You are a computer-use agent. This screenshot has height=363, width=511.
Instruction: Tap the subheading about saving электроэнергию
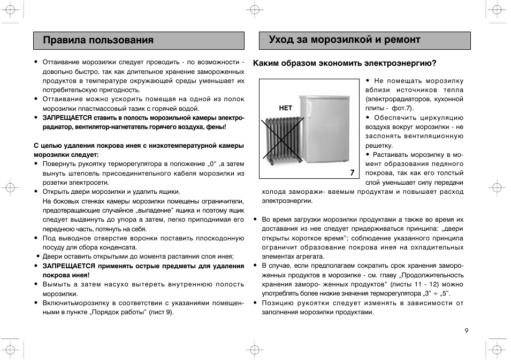point(345,63)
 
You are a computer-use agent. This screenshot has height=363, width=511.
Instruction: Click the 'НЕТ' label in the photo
point(286,108)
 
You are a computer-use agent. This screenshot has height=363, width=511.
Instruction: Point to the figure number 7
point(352,172)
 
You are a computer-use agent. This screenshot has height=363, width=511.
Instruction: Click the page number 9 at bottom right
point(467,330)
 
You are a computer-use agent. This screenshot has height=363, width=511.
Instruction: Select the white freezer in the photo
point(327,128)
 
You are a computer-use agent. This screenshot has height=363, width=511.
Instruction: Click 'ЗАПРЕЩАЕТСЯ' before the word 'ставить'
point(67,118)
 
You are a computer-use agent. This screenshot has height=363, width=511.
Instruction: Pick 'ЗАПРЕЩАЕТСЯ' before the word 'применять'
point(68,266)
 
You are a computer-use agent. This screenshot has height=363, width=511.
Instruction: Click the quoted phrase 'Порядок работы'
point(121,312)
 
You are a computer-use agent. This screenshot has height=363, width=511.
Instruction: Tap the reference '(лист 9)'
point(161,312)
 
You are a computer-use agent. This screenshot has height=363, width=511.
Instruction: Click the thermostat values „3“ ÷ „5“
point(436,293)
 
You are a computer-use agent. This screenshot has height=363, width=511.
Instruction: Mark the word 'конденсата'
point(121,247)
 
